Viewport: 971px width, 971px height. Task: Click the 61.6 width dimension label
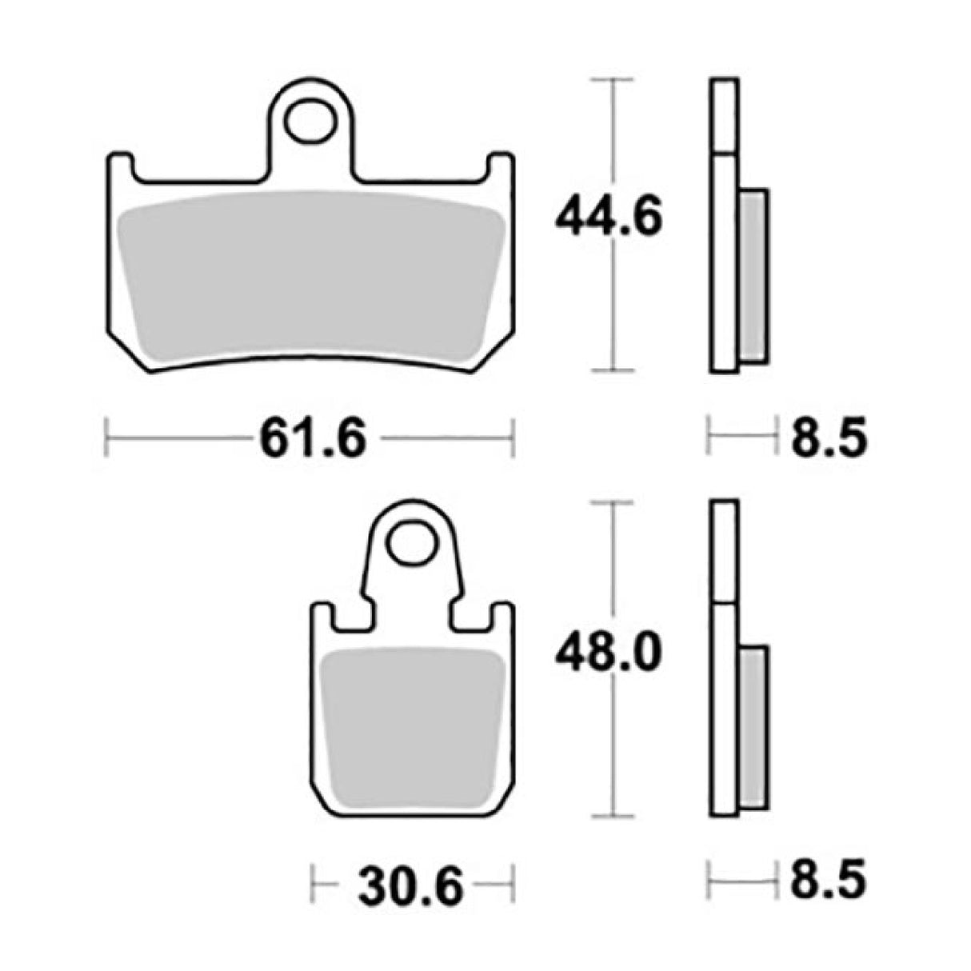click(x=311, y=438)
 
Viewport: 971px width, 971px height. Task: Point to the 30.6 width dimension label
click(x=411, y=885)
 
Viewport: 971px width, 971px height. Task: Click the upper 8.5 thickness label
click(x=829, y=438)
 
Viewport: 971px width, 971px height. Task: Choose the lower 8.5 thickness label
click(x=829, y=883)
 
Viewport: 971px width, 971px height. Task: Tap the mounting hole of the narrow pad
click(x=411, y=545)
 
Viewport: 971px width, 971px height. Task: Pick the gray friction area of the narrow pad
click(x=411, y=712)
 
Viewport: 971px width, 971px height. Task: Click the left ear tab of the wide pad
click(x=121, y=165)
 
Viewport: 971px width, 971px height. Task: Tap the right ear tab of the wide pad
click(x=498, y=165)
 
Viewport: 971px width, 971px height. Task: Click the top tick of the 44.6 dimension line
click(x=612, y=79)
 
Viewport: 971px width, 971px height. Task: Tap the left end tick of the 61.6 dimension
click(x=107, y=438)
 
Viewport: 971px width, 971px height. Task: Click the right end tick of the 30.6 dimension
click(x=512, y=884)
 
